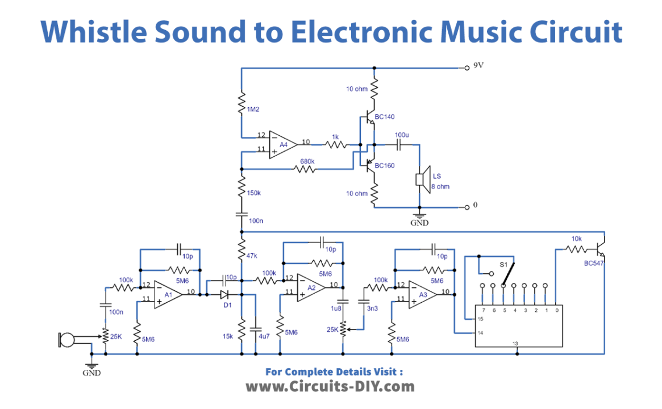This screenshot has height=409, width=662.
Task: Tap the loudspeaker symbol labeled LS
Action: pyautogui.click(x=420, y=180)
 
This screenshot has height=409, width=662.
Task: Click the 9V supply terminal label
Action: pyautogui.click(x=478, y=65)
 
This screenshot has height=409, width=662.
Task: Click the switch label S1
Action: pyautogui.click(x=503, y=264)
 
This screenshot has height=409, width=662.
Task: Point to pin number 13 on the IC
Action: pyautogui.click(x=515, y=343)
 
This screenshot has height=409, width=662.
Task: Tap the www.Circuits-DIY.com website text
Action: pyautogui.click(x=330, y=386)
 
